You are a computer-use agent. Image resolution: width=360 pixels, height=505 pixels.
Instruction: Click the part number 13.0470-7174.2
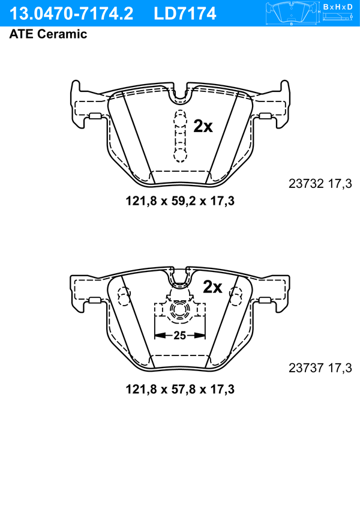[x=71, y=14]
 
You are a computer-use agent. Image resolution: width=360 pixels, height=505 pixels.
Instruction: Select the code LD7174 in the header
[x=185, y=14]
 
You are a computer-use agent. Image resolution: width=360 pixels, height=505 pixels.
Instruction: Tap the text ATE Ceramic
[x=48, y=34]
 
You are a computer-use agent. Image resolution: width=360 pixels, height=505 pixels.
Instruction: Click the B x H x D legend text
[x=338, y=7]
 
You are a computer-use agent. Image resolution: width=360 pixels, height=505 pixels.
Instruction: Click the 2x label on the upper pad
[x=203, y=127]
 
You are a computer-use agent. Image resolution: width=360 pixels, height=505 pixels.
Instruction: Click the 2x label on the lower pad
[x=212, y=286]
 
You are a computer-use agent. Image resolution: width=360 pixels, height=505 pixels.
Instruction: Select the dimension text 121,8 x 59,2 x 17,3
[x=180, y=201]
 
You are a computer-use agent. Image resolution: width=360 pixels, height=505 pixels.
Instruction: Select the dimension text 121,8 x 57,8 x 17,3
[x=180, y=389]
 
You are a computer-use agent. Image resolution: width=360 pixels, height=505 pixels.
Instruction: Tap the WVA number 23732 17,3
[x=320, y=184]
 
